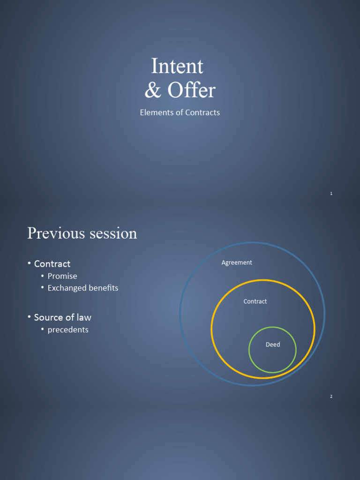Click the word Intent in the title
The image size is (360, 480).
pyautogui.click(x=177, y=67)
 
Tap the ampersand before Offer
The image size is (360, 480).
pyautogui.click(x=152, y=90)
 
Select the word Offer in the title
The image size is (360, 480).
pyautogui.click(x=191, y=90)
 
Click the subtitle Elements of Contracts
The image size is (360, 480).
pyautogui.click(x=180, y=112)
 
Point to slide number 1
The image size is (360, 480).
pyautogui.click(x=331, y=194)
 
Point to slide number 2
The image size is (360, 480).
pyautogui.click(x=331, y=397)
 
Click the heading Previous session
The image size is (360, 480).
pyautogui.click(x=82, y=233)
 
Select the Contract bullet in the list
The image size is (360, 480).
pyautogui.click(x=52, y=264)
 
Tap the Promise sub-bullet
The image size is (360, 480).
pyautogui.click(x=62, y=276)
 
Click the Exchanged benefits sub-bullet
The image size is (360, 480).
pyautogui.click(x=83, y=288)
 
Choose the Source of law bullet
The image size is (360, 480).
pyautogui.click(x=62, y=317)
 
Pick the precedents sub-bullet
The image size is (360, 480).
pyautogui.click(x=68, y=330)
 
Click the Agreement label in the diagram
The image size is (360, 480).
pyautogui.click(x=237, y=262)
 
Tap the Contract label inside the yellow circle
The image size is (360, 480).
pyautogui.click(x=255, y=301)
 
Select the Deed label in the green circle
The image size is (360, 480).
pyautogui.click(x=273, y=345)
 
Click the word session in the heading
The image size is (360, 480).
pyautogui.click(x=110, y=233)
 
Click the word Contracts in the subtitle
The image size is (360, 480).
pyautogui.click(x=202, y=112)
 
